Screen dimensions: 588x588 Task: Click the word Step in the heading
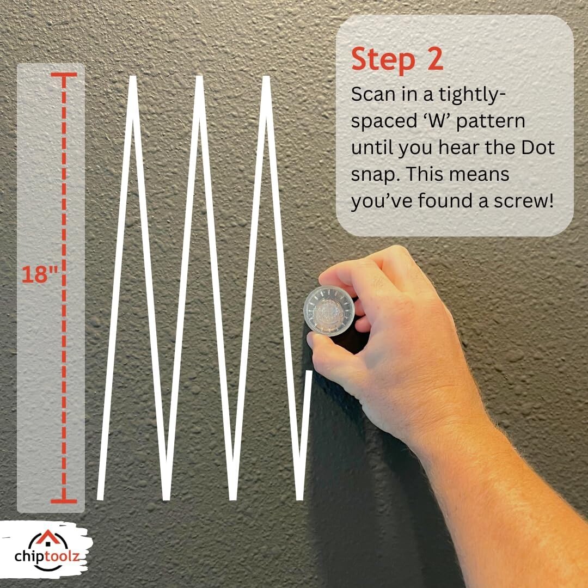[383, 60]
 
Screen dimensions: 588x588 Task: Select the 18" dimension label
[40, 274]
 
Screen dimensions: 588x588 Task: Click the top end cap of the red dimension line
[64, 75]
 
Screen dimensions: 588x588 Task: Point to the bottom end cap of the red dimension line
[64, 501]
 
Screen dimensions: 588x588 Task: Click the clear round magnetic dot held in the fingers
[329, 311]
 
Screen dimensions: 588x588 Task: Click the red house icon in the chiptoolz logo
[47, 537]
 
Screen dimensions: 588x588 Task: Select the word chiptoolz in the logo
[47, 556]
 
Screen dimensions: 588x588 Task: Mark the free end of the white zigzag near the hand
[309, 372]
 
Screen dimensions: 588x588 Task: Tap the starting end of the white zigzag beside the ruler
[100, 499]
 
